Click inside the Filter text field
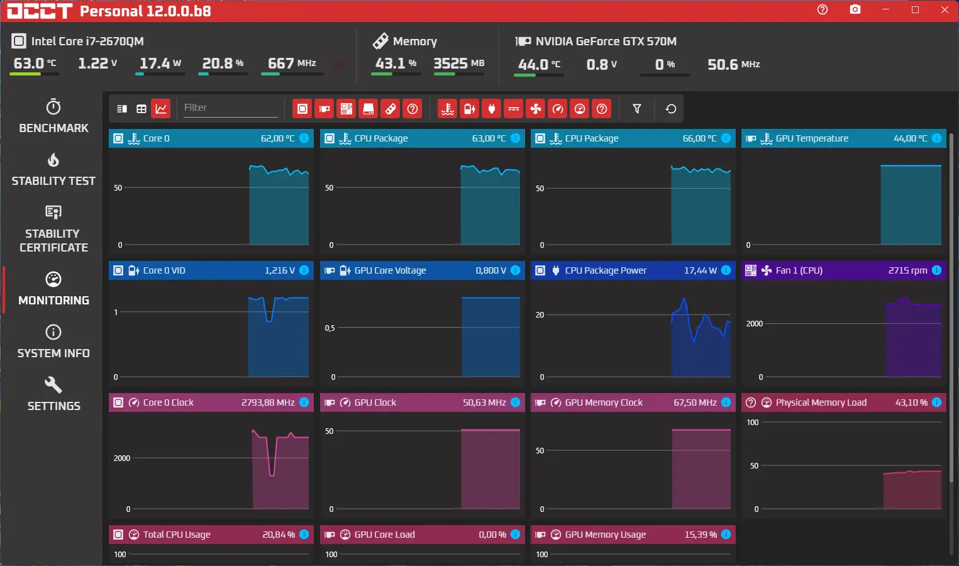(x=230, y=108)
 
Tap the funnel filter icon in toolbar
(x=636, y=109)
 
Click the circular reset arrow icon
(x=671, y=109)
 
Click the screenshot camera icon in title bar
(x=855, y=10)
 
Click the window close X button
(x=945, y=10)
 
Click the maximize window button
(x=915, y=10)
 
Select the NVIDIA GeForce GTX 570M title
(x=606, y=42)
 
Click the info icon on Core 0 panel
(x=304, y=138)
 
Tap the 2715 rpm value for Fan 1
(x=907, y=270)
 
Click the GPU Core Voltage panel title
(x=390, y=270)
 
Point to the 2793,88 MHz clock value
(x=268, y=402)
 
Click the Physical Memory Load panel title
(x=821, y=402)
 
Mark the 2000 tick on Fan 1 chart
(x=754, y=324)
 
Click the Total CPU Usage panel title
(x=177, y=535)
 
